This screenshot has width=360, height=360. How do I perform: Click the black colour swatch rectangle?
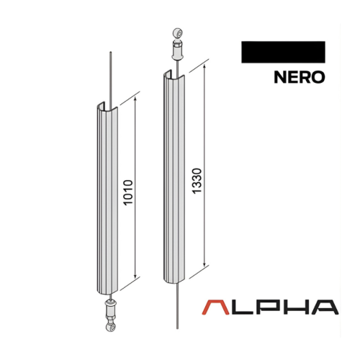coord(284,53)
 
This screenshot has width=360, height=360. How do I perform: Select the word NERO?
coord(299,77)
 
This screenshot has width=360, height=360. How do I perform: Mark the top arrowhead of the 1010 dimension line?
coord(135,97)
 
